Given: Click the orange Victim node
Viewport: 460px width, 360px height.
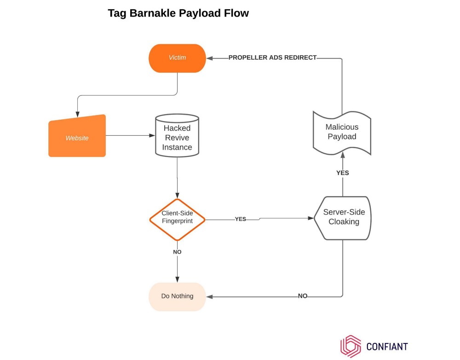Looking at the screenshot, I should [x=177, y=58].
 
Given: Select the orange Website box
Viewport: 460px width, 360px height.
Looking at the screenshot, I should [x=77, y=137].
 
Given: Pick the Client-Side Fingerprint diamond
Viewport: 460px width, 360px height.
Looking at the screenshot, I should [x=177, y=220].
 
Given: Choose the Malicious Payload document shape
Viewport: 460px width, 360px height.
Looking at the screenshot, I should [x=342, y=132].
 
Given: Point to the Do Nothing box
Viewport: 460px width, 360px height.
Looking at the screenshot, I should [x=177, y=296].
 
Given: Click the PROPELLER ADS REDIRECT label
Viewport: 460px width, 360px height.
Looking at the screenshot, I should [x=273, y=58].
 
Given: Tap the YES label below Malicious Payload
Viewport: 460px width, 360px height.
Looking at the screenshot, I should [x=343, y=173].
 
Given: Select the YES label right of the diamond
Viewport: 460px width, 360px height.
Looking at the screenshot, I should [x=241, y=219].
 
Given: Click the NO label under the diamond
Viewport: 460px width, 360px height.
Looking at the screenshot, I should [x=177, y=252].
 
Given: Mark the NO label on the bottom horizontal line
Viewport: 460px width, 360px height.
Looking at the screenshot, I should [x=303, y=296].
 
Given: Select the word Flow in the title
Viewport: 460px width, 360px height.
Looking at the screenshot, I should [x=237, y=13].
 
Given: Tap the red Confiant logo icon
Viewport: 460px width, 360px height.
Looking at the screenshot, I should [x=351, y=346].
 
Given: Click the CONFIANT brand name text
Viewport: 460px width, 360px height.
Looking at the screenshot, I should [x=387, y=347].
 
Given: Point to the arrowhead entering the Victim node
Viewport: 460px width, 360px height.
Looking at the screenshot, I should [x=209, y=58].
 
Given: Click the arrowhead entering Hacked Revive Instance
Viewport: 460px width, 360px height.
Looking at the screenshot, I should [x=152, y=136].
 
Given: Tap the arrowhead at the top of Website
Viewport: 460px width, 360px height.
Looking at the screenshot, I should [x=77, y=115].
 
